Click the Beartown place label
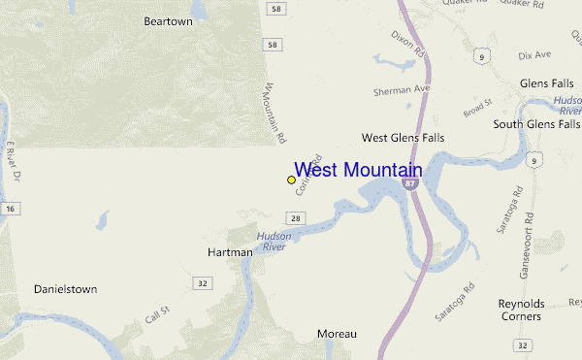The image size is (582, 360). click(168, 20)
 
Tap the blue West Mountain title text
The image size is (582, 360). click(357, 170)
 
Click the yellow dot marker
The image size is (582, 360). click(291, 180)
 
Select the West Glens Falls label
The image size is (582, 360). click(403, 138)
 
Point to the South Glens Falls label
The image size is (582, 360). click(536, 123)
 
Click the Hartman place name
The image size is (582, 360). click(230, 252)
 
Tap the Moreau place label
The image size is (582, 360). click(337, 334)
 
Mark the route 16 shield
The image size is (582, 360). click(10, 208)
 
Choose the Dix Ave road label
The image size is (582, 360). click(534, 55)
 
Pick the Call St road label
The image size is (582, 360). click(157, 312)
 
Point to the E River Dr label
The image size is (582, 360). click(14, 160)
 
